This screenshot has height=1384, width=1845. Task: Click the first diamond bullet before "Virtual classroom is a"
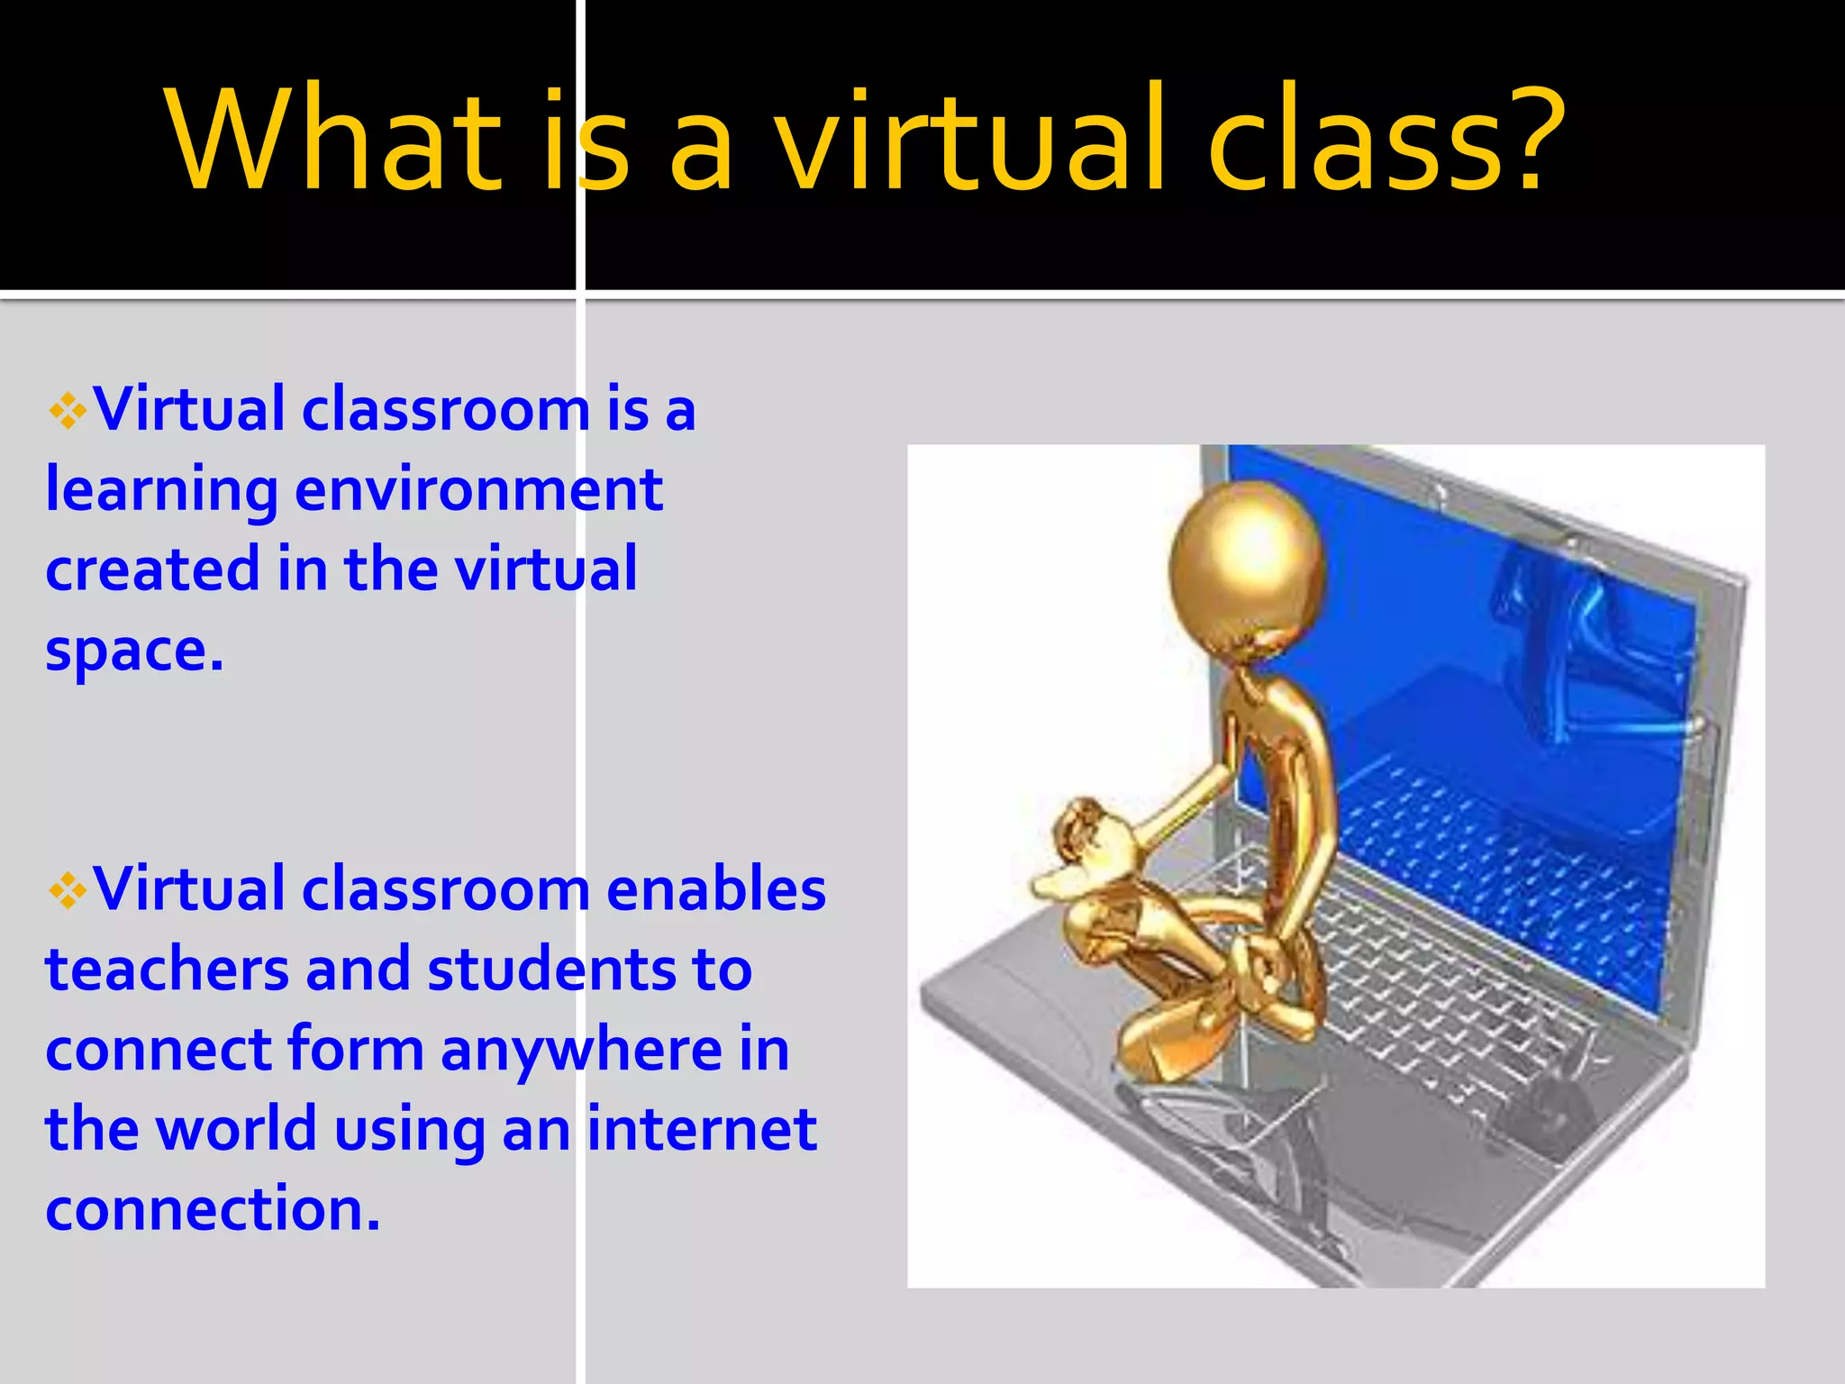click(68, 413)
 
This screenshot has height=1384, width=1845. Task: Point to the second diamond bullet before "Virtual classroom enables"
click(68, 892)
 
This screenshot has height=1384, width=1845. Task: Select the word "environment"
click(479, 491)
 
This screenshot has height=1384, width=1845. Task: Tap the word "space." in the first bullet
click(134, 651)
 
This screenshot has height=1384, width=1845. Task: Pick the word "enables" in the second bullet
click(716, 889)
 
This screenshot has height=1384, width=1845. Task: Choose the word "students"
click(551, 970)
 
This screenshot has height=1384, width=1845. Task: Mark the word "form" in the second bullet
click(356, 1050)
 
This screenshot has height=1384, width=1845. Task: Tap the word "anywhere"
click(581, 1052)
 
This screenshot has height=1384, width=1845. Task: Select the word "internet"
click(702, 1129)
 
